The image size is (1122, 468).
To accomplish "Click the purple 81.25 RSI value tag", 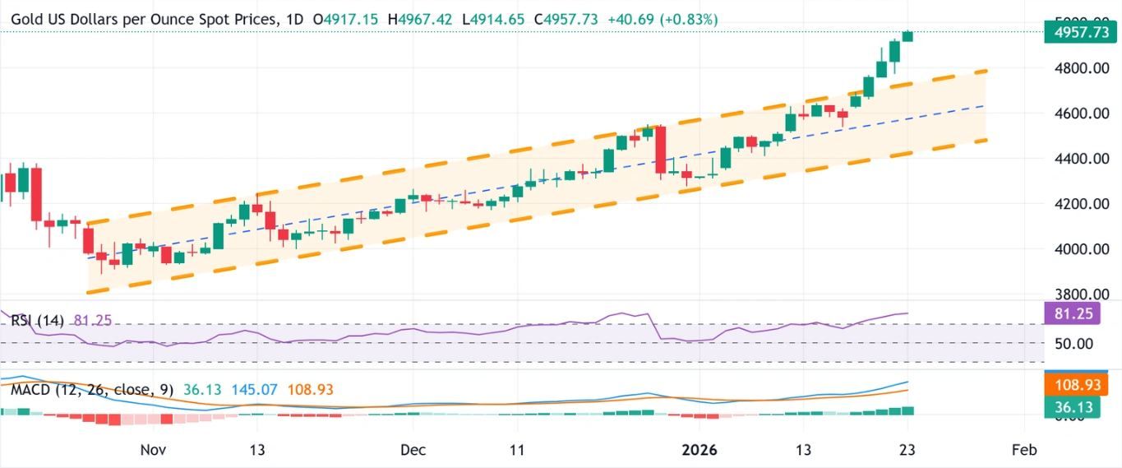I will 1079,313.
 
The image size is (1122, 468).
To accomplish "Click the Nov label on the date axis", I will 154,450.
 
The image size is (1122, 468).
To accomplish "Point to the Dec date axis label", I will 413,450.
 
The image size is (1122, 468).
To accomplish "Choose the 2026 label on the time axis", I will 700,450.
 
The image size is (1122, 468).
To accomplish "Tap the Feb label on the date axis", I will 1024,450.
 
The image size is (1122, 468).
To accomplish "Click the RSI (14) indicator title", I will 39,319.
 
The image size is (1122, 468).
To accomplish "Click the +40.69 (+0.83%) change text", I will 663,18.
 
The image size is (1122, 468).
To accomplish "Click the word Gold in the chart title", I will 27,18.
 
